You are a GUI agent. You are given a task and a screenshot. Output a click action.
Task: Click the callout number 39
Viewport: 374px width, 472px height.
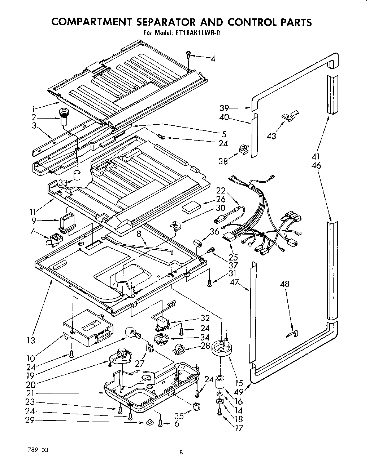point(225,108)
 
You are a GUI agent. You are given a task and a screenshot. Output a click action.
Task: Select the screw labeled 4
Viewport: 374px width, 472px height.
point(188,55)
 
